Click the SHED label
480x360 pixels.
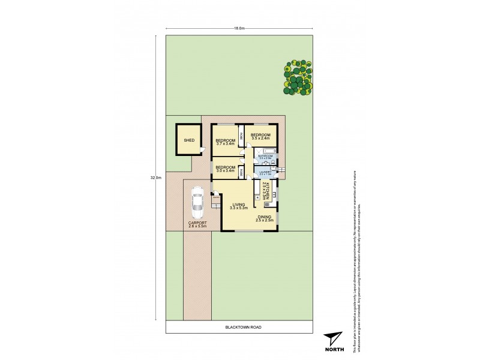pyautogui.click(x=190, y=140)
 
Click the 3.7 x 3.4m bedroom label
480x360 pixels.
pyautogui.click(x=226, y=142)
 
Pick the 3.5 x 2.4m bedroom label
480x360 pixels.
pyautogui.click(x=260, y=136)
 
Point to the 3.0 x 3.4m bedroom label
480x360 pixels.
pyautogui.click(x=225, y=168)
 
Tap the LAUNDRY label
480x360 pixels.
pyautogui.click(x=265, y=172)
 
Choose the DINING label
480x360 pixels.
pyautogui.click(x=265, y=218)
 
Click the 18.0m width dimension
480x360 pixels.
pyautogui.click(x=240, y=28)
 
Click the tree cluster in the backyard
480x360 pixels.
pyautogui.click(x=298, y=77)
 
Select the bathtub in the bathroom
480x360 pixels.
pyautogui.click(x=265, y=150)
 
